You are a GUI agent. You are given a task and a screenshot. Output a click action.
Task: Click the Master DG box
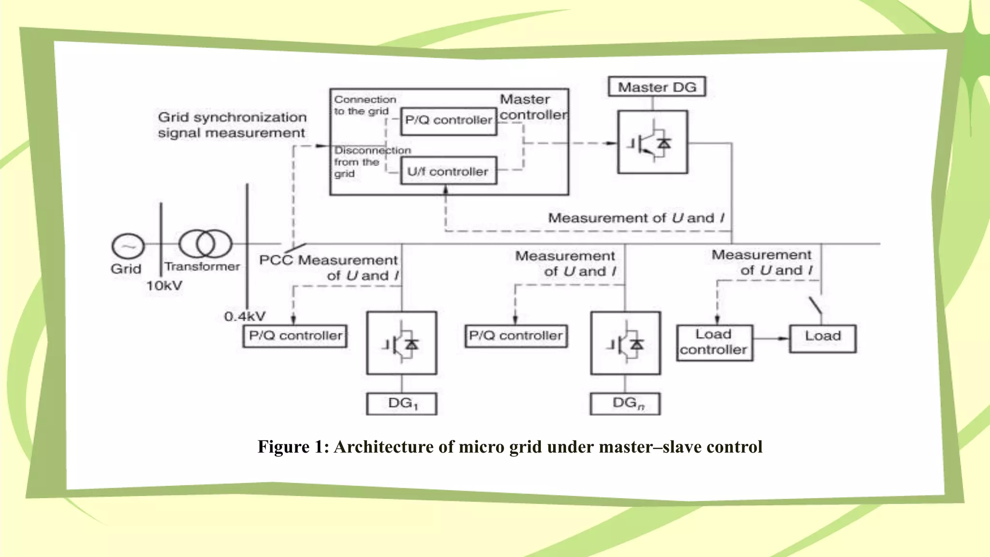coord(656,87)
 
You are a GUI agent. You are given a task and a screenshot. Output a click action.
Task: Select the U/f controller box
coord(449,171)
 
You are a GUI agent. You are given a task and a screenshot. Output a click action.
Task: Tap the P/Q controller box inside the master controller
coord(449,120)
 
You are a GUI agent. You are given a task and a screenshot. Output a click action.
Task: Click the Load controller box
coord(714,342)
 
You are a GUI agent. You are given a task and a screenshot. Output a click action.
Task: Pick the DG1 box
coord(402,404)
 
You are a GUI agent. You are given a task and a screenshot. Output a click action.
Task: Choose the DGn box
coord(625,404)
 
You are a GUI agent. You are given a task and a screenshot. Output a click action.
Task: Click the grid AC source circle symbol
coord(128,246)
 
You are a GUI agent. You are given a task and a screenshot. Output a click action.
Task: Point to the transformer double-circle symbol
coord(205,243)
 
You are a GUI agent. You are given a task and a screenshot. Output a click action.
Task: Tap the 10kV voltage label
coord(164,286)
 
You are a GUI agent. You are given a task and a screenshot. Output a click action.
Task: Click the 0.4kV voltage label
coord(245,317)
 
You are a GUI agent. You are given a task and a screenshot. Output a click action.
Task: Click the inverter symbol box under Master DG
coord(652,142)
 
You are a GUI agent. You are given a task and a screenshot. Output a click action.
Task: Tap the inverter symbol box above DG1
coord(401,343)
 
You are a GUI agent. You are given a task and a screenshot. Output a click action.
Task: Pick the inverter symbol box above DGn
coord(625,343)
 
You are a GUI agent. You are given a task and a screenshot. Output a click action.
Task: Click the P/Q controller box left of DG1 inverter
coord(295,336)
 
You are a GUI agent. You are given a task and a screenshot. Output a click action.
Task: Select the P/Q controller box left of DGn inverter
coord(516,336)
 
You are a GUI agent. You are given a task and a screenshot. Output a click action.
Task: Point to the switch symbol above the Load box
coord(816,306)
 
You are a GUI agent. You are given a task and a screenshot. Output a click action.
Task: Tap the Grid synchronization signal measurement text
coord(232,125)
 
